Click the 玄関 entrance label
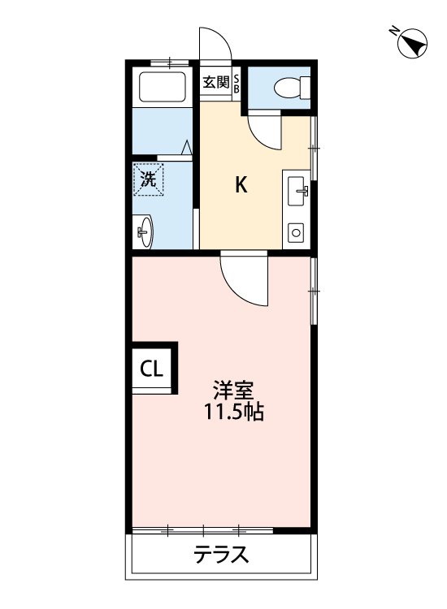coord(216,82)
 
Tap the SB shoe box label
coord(237,84)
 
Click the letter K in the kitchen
coord(241,186)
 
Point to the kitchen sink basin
coord(297,192)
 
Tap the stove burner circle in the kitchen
coord(295,233)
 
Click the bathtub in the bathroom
coord(163,87)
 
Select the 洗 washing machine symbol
coord(149,179)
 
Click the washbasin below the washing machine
coord(145,233)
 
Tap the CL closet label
coord(152,369)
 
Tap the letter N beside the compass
coord(393,32)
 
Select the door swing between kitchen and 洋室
coord(244,280)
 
